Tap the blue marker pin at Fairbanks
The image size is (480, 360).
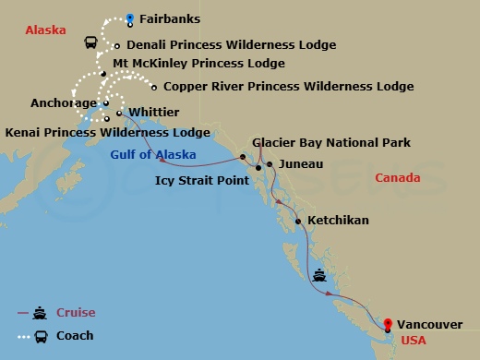pyautogui.click(x=130, y=17)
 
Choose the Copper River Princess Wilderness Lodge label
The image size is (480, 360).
pyautogui.click(x=288, y=87)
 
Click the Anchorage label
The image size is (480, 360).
pyautogui.click(x=63, y=103)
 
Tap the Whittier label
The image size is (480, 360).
pyautogui.click(x=154, y=112)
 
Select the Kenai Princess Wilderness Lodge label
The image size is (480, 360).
pyautogui.click(x=108, y=133)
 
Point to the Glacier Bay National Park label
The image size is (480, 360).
pyautogui.click(x=331, y=143)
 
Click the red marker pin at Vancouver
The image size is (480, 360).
pyautogui.click(x=388, y=323)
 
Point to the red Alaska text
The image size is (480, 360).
pyautogui.click(x=45, y=30)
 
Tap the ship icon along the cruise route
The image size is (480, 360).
pyautogui.click(x=319, y=273)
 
